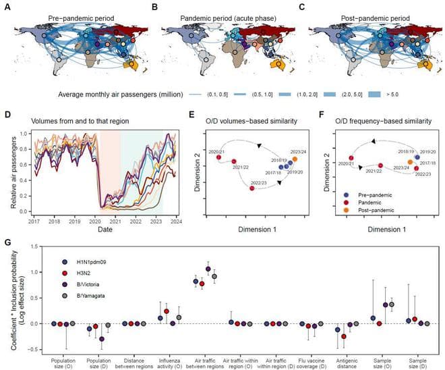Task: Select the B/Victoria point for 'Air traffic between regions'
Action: tap(208, 269)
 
